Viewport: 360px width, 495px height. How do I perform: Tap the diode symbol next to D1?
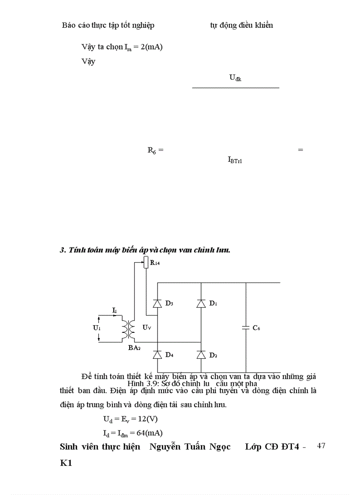point(201,304)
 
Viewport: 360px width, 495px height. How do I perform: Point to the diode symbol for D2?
point(201,355)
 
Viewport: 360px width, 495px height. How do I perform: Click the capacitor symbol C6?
point(246,328)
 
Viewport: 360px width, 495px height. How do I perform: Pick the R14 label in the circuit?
point(155,263)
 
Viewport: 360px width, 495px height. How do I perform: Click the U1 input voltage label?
point(96,328)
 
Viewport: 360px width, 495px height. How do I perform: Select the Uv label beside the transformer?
point(147,328)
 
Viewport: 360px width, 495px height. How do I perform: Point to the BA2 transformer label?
point(134,348)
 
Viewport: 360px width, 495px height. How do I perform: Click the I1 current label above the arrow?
point(114,311)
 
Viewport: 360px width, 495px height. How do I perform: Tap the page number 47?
point(321,446)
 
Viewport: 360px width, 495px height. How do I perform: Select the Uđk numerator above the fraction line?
point(235,78)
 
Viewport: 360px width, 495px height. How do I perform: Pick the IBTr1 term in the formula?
point(235,160)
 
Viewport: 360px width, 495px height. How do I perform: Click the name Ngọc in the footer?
point(219,447)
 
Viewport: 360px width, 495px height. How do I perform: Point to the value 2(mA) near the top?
point(151,47)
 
